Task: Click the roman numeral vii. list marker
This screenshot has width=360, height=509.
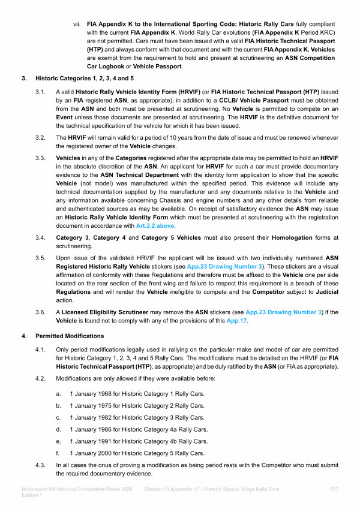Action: point(77,24)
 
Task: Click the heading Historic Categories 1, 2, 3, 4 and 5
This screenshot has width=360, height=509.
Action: point(84,78)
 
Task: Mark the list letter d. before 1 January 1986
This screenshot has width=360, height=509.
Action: point(58,429)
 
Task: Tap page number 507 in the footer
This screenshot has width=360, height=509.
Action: point(334,490)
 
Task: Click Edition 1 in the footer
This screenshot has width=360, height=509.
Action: point(32,496)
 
